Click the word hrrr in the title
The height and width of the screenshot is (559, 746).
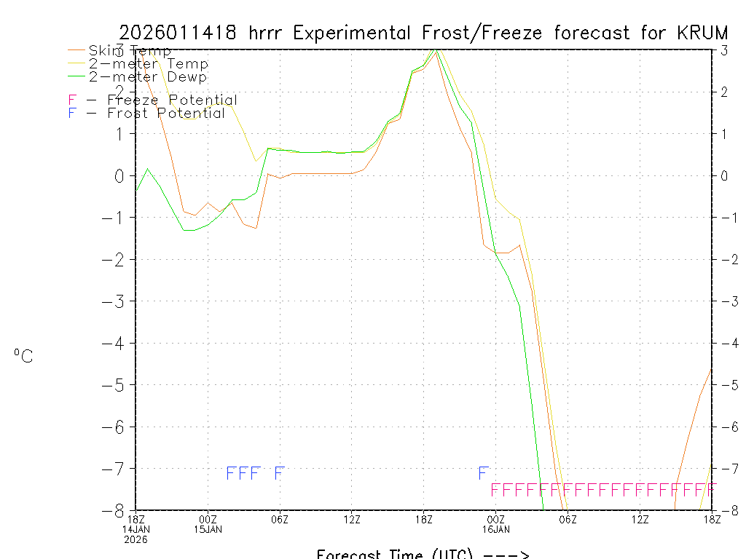(x=270, y=33)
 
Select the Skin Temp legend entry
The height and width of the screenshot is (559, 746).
(x=130, y=51)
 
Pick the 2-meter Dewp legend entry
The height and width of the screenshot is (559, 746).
(x=148, y=76)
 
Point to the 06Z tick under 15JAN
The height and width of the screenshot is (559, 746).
(x=280, y=519)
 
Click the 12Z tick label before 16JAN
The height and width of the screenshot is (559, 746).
(x=352, y=519)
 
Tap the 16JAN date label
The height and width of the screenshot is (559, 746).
(x=496, y=529)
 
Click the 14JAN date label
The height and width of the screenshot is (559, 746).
(x=136, y=529)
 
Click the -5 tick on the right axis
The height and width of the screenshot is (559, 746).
(x=724, y=385)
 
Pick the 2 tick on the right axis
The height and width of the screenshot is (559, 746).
(x=724, y=92)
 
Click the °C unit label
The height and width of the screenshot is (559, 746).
(x=23, y=357)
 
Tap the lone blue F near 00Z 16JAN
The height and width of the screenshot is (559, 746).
(x=482, y=474)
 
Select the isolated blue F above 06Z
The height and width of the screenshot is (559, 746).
(x=278, y=474)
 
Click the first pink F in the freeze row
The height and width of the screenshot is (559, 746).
(x=495, y=489)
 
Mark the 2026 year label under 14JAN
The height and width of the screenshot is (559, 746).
(x=136, y=539)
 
